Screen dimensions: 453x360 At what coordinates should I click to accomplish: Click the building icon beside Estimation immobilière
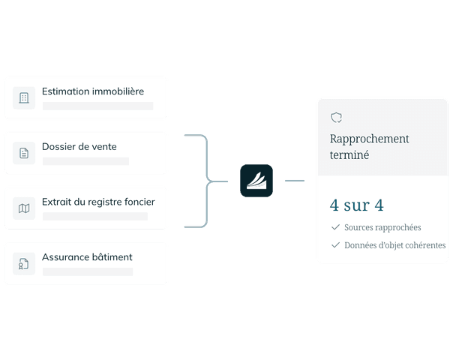(x=24, y=98)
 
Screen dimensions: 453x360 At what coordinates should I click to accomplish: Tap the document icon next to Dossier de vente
(x=24, y=153)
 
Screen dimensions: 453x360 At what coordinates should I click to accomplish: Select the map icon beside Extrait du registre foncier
(x=24, y=208)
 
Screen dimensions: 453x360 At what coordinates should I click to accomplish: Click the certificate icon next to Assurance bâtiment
(x=24, y=263)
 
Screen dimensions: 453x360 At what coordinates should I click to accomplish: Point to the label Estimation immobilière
(x=93, y=91)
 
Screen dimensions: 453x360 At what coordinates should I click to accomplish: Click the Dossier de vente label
(x=79, y=146)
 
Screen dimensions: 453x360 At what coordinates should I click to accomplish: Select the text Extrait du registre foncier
(x=98, y=202)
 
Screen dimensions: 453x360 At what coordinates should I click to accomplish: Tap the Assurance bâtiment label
(x=87, y=257)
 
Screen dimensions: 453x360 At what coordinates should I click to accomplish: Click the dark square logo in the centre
(x=256, y=181)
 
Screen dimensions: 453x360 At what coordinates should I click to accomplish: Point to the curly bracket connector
(x=207, y=181)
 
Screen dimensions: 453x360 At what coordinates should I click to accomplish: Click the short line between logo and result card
(x=295, y=181)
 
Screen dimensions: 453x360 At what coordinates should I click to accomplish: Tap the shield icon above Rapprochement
(x=336, y=118)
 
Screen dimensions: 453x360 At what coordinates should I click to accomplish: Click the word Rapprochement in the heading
(x=370, y=139)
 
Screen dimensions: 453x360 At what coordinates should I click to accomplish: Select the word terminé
(x=349, y=154)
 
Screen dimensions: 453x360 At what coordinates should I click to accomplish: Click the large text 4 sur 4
(x=357, y=205)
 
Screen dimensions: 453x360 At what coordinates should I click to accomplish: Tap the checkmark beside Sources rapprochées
(x=335, y=227)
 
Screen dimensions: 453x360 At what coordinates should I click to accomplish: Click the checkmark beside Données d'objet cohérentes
(x=335, y=245)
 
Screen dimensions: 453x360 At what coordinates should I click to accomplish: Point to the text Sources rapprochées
(x=382, y=227)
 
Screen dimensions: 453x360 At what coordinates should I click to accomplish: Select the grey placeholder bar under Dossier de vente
(x=85, y=161)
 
